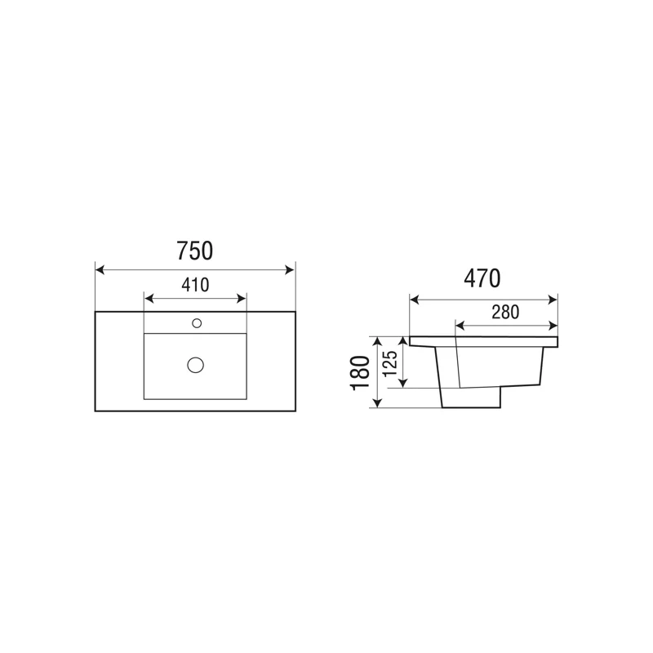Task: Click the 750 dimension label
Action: coord(194,251)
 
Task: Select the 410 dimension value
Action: coord(195,285)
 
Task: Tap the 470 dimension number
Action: coord(482,278)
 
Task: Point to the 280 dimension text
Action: coord(505,312)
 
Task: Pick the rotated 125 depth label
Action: coord(390,363)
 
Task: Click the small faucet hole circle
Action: coord(197,322)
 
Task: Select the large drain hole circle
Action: coord(195,365)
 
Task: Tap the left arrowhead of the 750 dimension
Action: coord(100,270)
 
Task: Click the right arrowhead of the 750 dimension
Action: coord(290,270)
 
